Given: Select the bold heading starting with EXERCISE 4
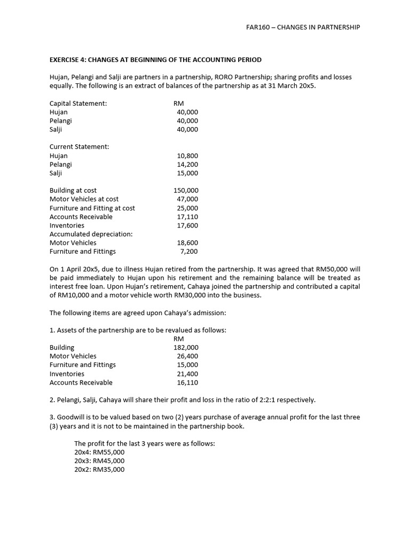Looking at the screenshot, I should pos(155,59).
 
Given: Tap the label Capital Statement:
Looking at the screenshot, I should pos(78,104).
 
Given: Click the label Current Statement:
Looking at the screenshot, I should pos(79,147).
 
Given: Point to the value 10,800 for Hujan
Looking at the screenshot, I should pos(187,156).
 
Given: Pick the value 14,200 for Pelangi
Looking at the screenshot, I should pos(187,165).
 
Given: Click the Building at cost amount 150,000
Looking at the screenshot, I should pos(186,191).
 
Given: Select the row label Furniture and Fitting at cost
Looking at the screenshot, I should pos(92,208).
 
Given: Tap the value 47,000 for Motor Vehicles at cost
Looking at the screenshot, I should pos(187,199).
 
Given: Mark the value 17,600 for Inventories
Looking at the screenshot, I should pos(187,225).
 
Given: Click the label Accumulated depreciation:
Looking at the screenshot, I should pos(91,234).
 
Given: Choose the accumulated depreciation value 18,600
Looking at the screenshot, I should pos(187,243).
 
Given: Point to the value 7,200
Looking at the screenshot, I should pos(190,252).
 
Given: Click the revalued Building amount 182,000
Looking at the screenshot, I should pos(186,348).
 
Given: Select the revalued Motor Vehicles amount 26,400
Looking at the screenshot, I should pos(187,356).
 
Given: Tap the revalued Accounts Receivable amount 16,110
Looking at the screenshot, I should pos(187,382).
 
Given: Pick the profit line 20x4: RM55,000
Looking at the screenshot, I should pos(99,452).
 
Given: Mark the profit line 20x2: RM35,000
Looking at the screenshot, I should pos(99,470).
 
